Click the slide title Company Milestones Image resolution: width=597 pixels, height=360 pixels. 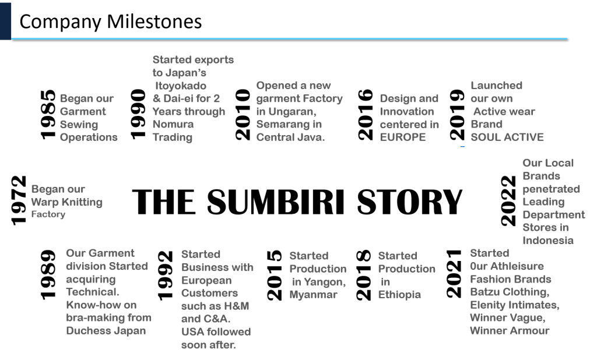110,22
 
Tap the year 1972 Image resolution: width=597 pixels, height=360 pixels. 19,200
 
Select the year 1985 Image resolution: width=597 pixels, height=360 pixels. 48,115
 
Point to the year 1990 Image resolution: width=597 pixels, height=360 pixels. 138,114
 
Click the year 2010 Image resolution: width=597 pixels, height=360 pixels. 243,115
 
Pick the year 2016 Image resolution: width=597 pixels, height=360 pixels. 366,115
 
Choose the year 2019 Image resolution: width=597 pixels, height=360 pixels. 457,115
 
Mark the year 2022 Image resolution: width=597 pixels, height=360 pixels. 508,201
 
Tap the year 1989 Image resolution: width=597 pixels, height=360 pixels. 48,275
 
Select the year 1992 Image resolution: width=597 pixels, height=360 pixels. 165,276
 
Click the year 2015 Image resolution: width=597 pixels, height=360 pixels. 274,276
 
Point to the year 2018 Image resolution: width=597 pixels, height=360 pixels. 364,275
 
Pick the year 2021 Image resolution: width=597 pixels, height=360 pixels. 454,274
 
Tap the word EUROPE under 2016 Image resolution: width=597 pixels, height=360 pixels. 403,137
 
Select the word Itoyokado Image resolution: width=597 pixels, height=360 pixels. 181,86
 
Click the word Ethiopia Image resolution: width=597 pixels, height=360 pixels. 399,295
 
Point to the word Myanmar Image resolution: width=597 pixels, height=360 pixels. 313,295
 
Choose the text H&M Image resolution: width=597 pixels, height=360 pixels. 237,306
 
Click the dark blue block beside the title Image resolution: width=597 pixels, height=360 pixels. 5,21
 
